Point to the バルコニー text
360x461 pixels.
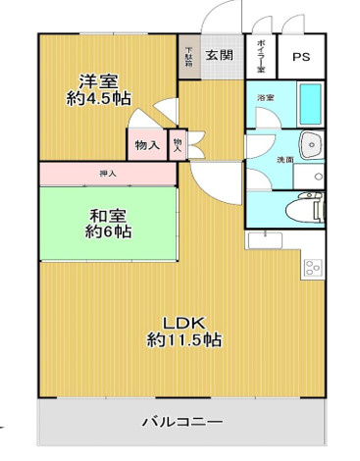click(180, 423)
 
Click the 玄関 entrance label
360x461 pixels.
click(221, 56)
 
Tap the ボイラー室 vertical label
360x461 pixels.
click(261, 57)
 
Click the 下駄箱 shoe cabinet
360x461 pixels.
click(189, 57)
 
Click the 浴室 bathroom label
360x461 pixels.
click(265, 98)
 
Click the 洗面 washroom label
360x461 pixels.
click(284, 159)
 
